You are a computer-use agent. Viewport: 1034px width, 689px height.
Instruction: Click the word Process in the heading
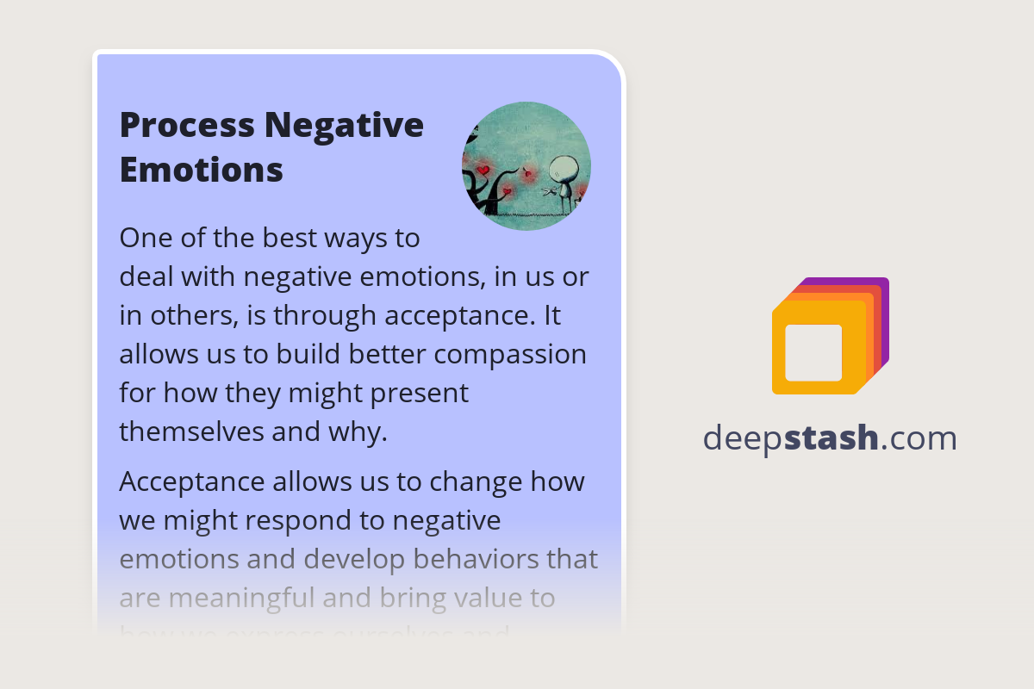pyautogui.click(x=187, y=126)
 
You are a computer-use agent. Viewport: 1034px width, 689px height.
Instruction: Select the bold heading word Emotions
pyautogui.click(x=201, y=169)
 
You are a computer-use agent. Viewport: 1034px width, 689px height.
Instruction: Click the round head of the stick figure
pyautogui.click(x=563, y=167)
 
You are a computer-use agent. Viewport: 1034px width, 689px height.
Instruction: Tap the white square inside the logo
pyautogui.click(x=813, y=352)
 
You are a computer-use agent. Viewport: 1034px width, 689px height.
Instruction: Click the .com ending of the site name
pyautogui.click(x=919, y=438)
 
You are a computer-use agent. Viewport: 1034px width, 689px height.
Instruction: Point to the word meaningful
pyautogui.click(x=237, y=598)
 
